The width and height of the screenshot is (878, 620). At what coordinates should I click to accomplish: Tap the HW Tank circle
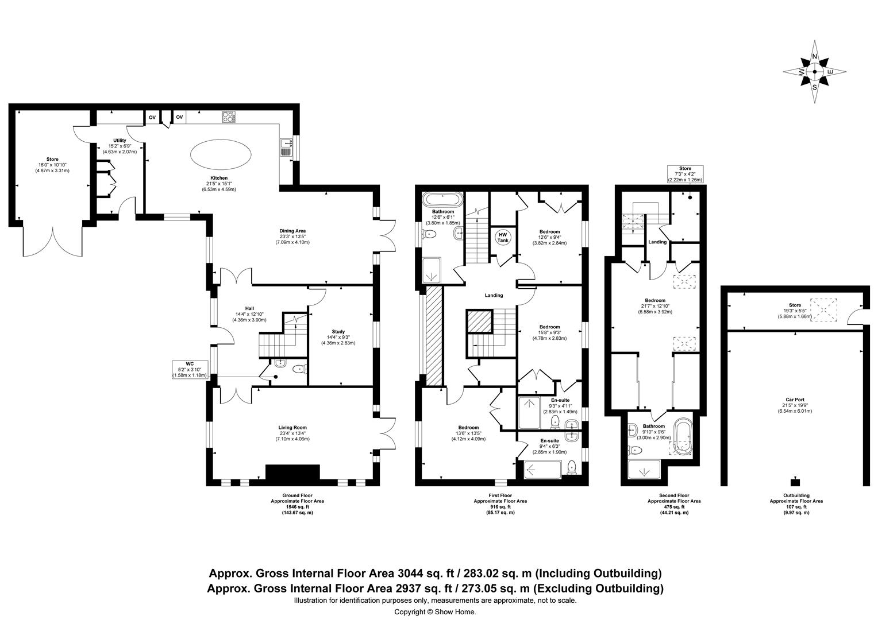click(x=503, y=237)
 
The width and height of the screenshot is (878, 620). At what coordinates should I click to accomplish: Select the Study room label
click(x=338, y=331)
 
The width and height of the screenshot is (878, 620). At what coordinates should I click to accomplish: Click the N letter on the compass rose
click(x=814, y=57)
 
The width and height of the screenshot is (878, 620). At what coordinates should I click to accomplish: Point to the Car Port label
click(x=795, y=400)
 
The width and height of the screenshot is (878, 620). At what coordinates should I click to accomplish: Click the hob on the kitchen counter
click(x=229, y=117)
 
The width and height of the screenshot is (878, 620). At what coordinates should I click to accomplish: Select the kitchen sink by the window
click(x=286, y=148)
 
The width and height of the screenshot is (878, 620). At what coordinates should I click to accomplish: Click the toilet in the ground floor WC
click(x=301, y=369)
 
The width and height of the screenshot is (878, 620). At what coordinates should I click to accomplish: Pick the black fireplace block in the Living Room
click(x=293, y=471)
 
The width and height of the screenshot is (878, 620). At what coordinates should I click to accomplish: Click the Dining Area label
click(x=292, y=231)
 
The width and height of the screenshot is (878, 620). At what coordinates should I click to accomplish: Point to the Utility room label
click(x=120, y=141)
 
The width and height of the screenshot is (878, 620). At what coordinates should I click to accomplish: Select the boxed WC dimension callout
click(x=190, y=370)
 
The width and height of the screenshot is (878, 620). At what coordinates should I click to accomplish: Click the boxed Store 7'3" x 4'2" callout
click(x=685, y=175)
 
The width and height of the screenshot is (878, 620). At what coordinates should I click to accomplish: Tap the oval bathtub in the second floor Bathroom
click(x=683, y=437)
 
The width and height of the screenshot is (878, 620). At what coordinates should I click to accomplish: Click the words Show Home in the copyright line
click(x=455, y=612)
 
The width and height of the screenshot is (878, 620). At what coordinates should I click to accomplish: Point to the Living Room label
click(x=292, y=428)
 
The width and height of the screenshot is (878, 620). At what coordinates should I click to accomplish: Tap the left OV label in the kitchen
click(x=152, y=117)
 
